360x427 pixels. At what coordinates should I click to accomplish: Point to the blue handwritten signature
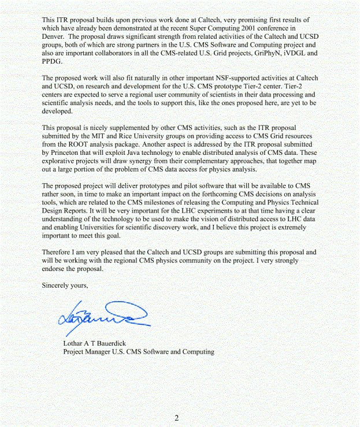click(x=104, y=315)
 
